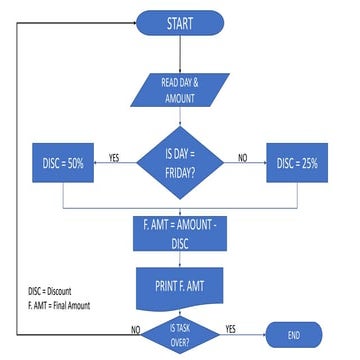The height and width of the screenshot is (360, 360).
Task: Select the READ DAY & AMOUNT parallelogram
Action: click(x=179, y=91)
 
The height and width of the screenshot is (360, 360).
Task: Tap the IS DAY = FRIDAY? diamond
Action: click(x=179, y=159)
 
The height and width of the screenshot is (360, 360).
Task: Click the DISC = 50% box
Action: click(x=63, y=163)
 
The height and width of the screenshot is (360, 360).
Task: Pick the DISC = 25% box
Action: click(x=296, y=163)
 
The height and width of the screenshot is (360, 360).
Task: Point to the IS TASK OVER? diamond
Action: click(x=180, y=333)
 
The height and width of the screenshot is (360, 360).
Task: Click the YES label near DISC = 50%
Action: click(x=114, y=157)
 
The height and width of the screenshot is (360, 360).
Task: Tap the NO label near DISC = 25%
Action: click(x=243, y=157)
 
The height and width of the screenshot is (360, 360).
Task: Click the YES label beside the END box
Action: click(x=230, y=328)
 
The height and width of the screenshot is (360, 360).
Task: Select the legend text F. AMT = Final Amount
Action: click(x=59, y=304)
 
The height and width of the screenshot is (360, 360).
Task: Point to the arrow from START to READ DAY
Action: click(x=180, y=51)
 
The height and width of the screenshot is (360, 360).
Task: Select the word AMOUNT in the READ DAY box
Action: click(x=180, y=99)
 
